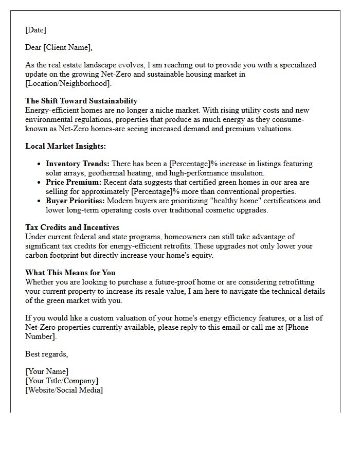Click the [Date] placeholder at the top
(35, 30)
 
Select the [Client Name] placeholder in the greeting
(67, 47)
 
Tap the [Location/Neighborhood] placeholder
(68, 83)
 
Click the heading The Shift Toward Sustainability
(81, 101)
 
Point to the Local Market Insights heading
(66, 146)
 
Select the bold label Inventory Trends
(78, 164)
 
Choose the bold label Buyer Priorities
(75, 201)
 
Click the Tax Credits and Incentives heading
(72, 227)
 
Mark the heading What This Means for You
(70, 273)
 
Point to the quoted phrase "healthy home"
(211, 201)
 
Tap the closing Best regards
(46, 354)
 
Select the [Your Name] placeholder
(47, 371)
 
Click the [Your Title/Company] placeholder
(62, 381)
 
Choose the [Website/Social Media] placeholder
(64, 390)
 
